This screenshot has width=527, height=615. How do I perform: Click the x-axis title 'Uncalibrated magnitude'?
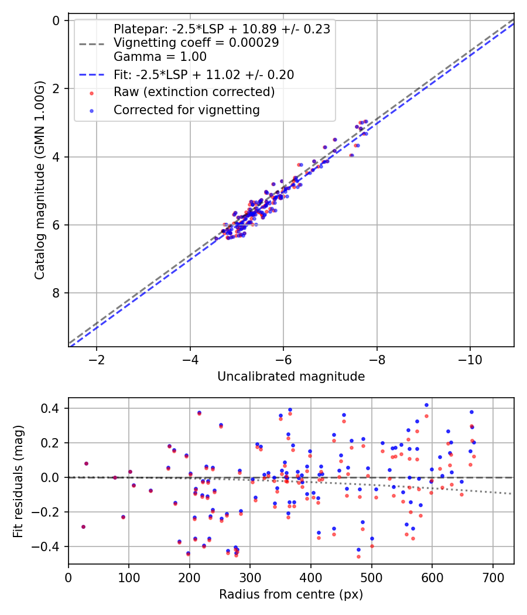[x=291, y=377]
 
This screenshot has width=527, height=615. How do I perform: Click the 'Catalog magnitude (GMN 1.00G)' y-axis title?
[x=40, y=180]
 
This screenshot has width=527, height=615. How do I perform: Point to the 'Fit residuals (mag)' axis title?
[x=18, y=481]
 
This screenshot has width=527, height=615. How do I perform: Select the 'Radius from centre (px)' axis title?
[x=291, y=594]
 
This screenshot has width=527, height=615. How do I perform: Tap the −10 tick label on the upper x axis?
[x=470, y=360]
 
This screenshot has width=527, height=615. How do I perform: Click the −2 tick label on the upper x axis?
[x=97, y=360]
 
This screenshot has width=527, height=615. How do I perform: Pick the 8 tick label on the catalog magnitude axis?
[x=56, y=293]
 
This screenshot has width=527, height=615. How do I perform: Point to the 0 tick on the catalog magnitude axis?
[x=56, y=20]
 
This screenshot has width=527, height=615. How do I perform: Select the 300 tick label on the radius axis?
[x=250, y=578]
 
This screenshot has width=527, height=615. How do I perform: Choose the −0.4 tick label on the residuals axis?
[x=46, y=546]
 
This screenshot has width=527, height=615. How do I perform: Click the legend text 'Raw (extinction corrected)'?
[x=194, y=92]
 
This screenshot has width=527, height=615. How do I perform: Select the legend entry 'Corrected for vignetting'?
[x=187, y=110]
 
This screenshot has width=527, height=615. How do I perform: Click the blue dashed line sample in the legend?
[x=92, y=74]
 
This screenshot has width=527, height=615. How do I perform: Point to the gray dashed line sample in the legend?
[x=92, y=44]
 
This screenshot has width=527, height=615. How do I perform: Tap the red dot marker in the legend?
[x=92, y=93]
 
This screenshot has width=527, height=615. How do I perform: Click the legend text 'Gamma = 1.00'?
[x=160, y=56]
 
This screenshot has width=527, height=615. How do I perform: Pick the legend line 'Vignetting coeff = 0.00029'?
[x=196, y=42]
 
